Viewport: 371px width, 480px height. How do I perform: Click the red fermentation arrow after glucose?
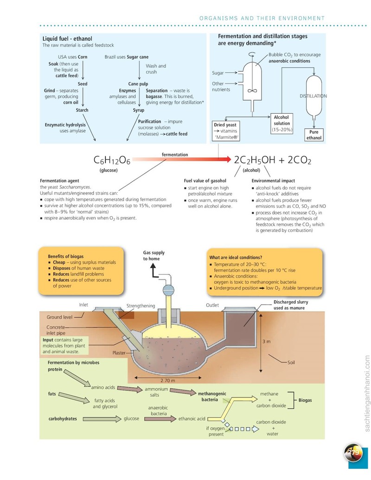pyautogui.click(x=182, y=160)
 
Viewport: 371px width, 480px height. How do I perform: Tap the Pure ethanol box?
pyautogui.click(x=314, y=134)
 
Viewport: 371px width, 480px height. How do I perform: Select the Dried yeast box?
pyautogui.click(x=225, y=131)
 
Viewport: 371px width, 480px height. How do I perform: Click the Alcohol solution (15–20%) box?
pyautogui.click(x=281, y=123)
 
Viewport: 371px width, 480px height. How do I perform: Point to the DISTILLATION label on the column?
pyautogui.click(x=313, y=96)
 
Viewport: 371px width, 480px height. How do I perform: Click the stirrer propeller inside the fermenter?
pyautogui.click(x=252, y=90)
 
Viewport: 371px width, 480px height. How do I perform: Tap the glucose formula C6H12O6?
pyautogui.click(x=112, y=160)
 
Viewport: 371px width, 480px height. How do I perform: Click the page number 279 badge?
pyautogui.click(x=353, y=453)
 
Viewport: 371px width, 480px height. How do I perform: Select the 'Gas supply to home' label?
pyautogui.click(x=154, y=256)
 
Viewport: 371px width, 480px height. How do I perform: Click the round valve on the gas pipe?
pyautogui.click(x=168, y=290)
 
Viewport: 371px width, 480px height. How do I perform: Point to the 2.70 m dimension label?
pyautogui.click(x=168, y=380)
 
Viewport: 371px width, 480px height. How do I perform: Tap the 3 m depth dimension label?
pyautogui.click(x=266, y=341)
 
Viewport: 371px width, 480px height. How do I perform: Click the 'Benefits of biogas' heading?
pyautogui.click(x=65, y=256)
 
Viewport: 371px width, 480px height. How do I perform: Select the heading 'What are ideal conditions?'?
pyautogui.click(x=236, y=257)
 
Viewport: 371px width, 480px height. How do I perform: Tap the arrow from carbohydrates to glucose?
pyautogui.click(x=102, y=419)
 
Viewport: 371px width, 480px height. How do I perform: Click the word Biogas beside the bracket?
pyautogui.click(x=305, y=400)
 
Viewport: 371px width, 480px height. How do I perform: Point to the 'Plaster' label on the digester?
pyautogui.click(x=119, y=352)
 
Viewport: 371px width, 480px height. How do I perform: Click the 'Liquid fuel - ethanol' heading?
pyautogui.click(x=67, y=38)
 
